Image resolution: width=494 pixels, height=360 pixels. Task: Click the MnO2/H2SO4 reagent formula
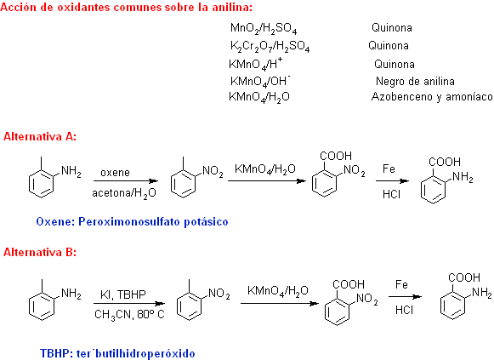[x=264, y=28]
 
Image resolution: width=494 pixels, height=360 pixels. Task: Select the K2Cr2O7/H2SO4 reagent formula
[x=270, y=46]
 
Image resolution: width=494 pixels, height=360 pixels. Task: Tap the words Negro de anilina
[x=415, y=82]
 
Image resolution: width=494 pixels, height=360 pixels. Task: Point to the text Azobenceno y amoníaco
[x=432, y=96]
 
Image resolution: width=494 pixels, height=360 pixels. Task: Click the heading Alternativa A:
[x=40, y=136]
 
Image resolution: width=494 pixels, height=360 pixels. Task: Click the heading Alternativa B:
[x=40, y=252]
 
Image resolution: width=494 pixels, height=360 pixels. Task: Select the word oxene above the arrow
[x=115, y=173]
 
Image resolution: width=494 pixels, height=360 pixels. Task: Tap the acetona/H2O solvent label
[x=124, y=193]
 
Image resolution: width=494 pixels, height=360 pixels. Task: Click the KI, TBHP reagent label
[x=123, y=294]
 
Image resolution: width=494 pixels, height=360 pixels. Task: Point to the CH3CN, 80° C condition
[x=129, y=315]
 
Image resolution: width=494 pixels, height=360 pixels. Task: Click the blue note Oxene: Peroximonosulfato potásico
[x=132, y=221]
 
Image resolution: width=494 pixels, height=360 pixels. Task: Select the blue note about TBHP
[x=117, y=353]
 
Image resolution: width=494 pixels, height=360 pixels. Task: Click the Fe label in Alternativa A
[x=389, y=169]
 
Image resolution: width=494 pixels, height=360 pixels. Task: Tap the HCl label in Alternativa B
[x=404, y=310]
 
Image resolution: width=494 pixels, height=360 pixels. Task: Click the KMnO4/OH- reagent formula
[x=260, y=81]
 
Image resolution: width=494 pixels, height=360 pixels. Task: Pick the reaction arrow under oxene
[x=126, y=181]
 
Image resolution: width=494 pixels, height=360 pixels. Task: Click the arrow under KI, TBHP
[x=129, y=304]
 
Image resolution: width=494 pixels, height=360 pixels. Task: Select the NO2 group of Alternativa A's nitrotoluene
[x=213, y=171]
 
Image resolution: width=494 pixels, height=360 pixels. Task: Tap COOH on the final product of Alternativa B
[x=464, y=277]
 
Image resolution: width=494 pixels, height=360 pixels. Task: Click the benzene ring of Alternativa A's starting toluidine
[x=42, y=184]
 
